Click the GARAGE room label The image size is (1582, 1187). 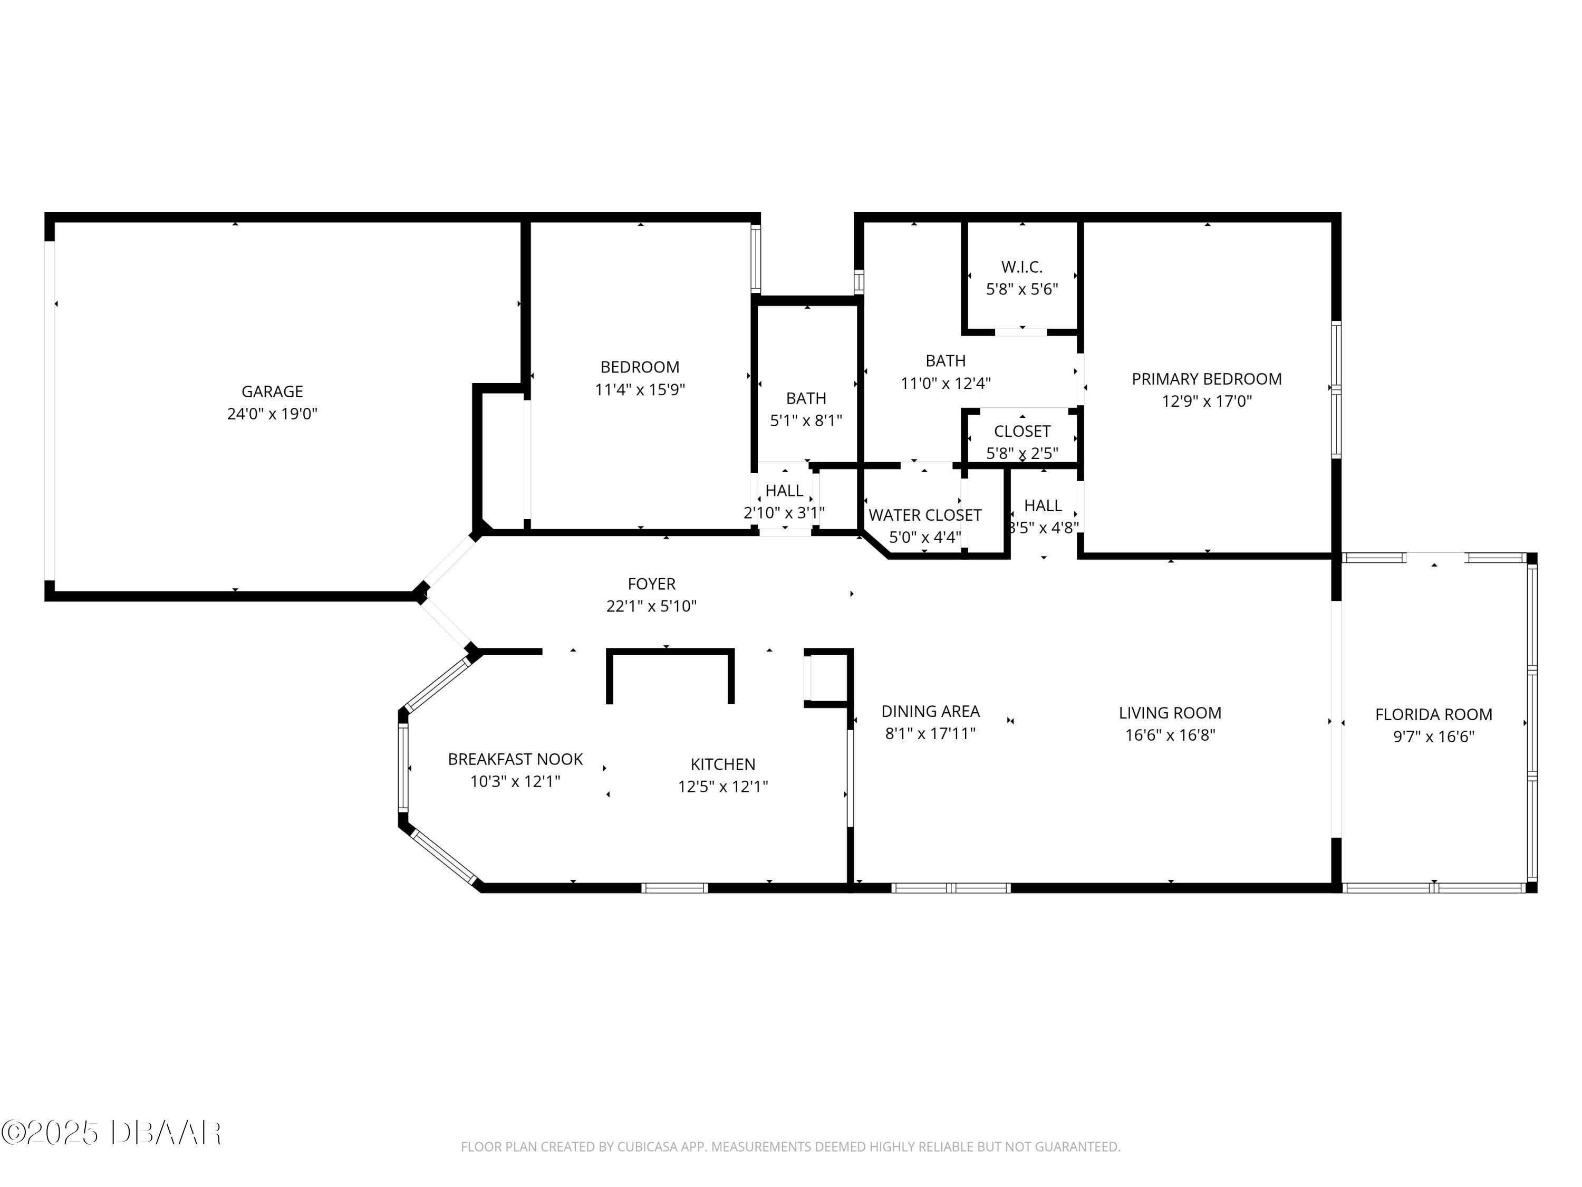point(272,391)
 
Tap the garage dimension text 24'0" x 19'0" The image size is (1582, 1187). point(272,414)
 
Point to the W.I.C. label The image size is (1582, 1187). point(1021,267)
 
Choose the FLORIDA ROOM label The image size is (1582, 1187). point(1433,714)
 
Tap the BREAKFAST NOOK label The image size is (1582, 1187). point(515,759)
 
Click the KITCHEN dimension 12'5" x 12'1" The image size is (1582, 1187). point(722,787)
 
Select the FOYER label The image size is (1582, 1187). point(651,584)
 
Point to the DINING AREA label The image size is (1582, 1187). point(930,711)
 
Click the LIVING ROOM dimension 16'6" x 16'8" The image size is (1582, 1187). point(1170,735)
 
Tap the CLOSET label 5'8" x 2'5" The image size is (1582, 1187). point(1021,432)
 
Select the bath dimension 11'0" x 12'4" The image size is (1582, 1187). point(945,383)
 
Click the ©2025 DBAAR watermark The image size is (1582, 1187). point(111,1133)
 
